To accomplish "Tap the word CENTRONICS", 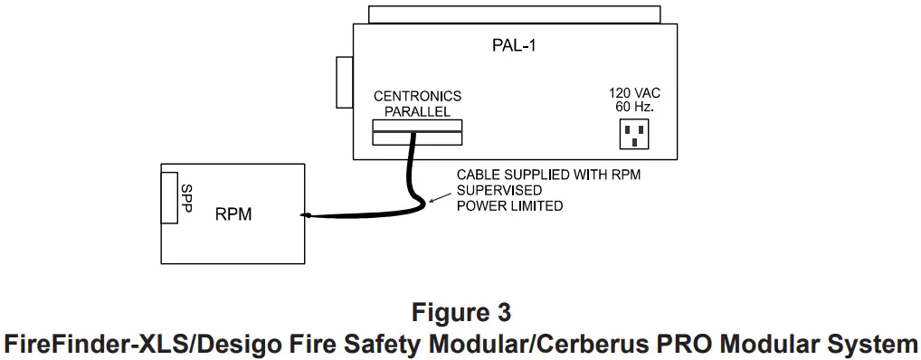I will [x=418, y=96].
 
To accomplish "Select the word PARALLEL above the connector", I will [x=418, y=110].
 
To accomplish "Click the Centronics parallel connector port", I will [x=417, y=132].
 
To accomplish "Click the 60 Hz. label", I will [x=633, y=107].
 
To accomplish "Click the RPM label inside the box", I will [x=234, y=215].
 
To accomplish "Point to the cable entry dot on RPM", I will [x=307, y=215].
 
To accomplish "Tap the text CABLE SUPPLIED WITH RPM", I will [x=547, y=175].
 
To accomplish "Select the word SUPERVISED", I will [x=498, y=190].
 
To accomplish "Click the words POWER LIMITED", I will [x=509, y=205].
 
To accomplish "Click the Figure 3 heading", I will [x=460, y=313].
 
